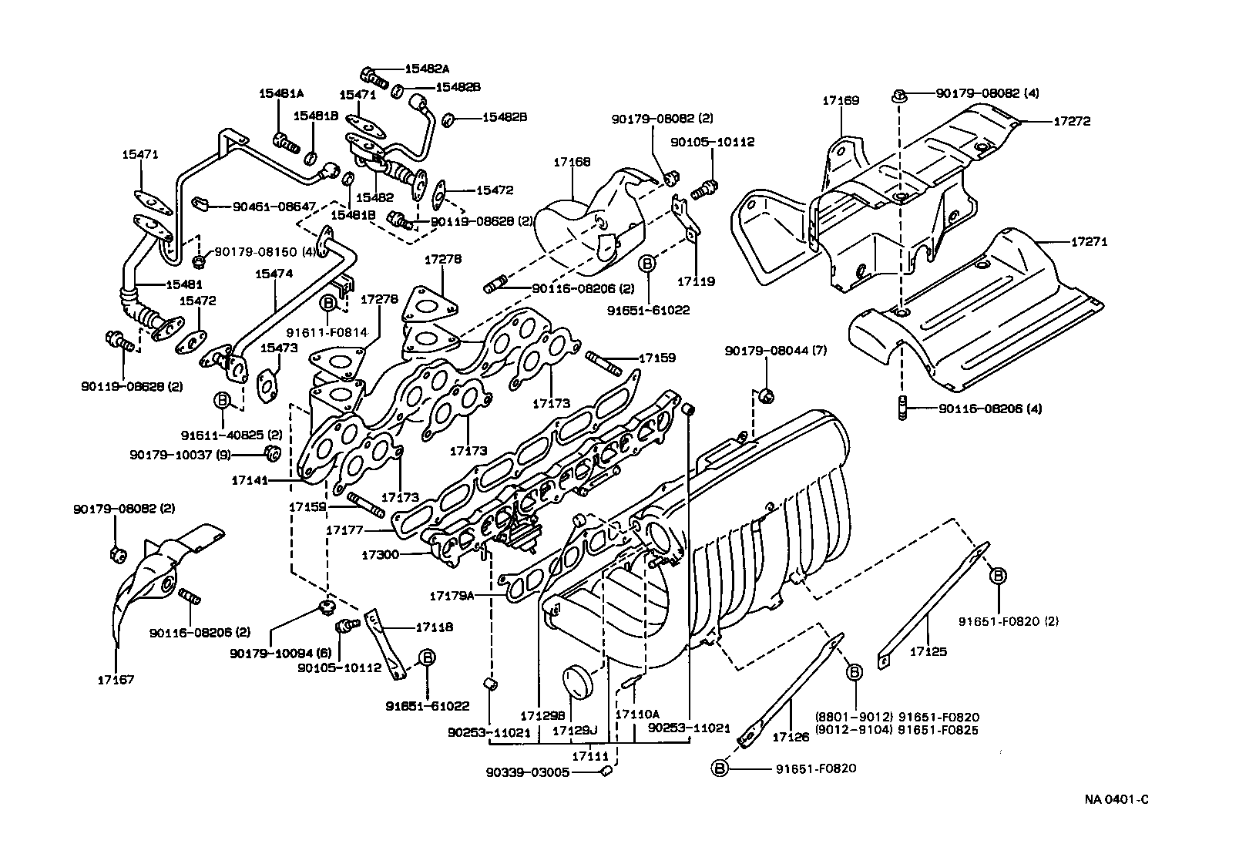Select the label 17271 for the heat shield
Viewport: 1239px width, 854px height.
click(x=1090, y=241)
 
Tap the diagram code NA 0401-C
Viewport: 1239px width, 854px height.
click(x=1116, y=800)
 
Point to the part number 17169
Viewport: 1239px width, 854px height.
click(x=840, y=100)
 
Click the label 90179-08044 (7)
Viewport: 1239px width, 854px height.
click(x=775, y=351)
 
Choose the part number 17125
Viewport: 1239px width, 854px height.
click(x=928, y=651)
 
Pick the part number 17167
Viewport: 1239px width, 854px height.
click(x=116, y=679)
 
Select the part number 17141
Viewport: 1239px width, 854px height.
click(x=250, y=480)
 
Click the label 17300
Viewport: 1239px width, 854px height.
click(x=381, y=554)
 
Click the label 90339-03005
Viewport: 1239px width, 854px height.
click(x=527, y=772)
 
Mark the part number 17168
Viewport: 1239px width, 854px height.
click(x=572, y=162)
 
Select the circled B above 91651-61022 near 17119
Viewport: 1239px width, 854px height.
click(x=648, y=264)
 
